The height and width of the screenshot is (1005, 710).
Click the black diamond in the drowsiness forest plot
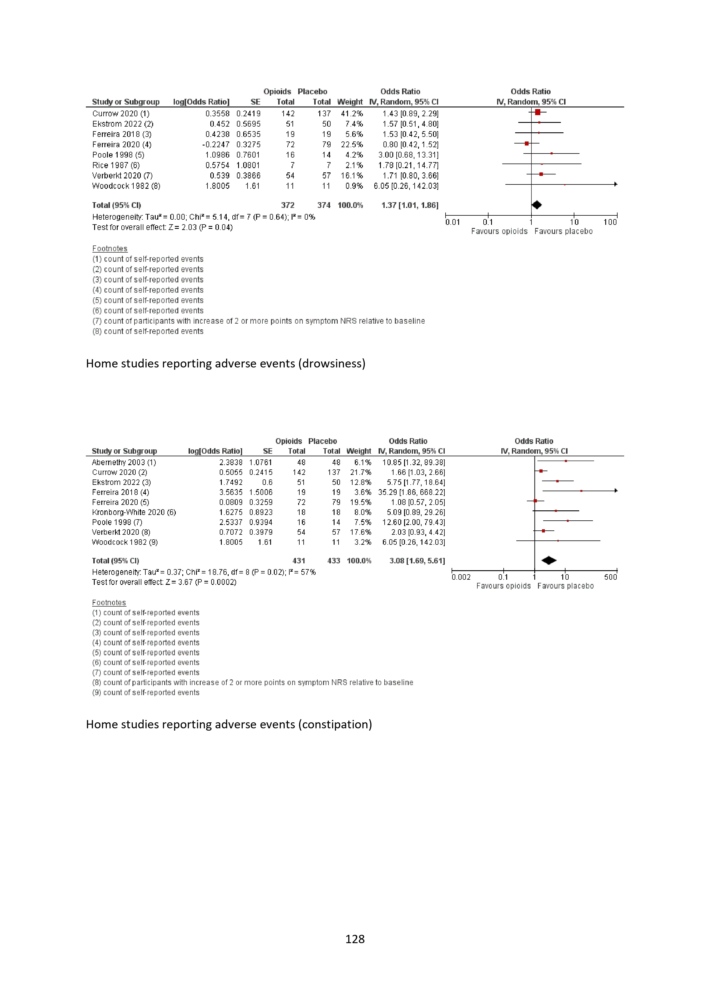click(x=536, y=205)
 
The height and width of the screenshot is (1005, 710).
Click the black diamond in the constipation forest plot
click(x=549, y=560)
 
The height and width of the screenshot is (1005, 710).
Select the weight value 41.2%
click(x=352, y=113)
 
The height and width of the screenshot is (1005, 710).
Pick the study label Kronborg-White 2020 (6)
click(x=134, y=512)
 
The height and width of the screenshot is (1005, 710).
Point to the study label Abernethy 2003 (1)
click(x=124, y=462)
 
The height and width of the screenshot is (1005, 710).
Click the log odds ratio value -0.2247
click(x=216, y=144)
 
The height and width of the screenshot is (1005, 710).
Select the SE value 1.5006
click(x=261, y=492)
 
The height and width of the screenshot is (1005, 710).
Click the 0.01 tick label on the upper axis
click(x=452, y=222)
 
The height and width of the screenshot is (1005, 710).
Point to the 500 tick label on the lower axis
click(x=610, y=577)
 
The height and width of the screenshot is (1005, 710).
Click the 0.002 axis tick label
click(x=461, y=577)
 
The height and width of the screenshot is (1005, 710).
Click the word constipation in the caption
click(x=335, y=724)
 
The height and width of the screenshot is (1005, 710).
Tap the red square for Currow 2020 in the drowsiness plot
click(x=538, y=113)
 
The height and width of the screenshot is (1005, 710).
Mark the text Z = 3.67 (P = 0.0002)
click(x=201, y=582)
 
